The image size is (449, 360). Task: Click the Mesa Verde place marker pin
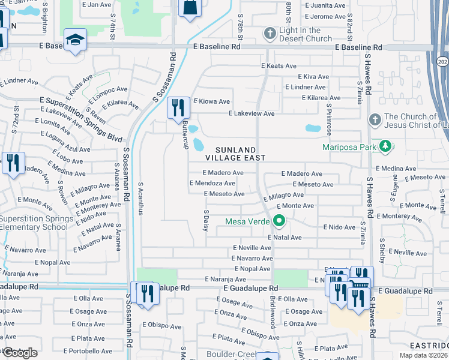point(279,221)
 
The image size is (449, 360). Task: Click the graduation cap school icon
point(74,40)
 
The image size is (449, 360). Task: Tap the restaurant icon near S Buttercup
point(178,107)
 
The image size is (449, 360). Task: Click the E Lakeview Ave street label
point(252,113)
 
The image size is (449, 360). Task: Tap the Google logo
point(19,353)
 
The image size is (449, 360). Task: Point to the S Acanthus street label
point(141,198)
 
